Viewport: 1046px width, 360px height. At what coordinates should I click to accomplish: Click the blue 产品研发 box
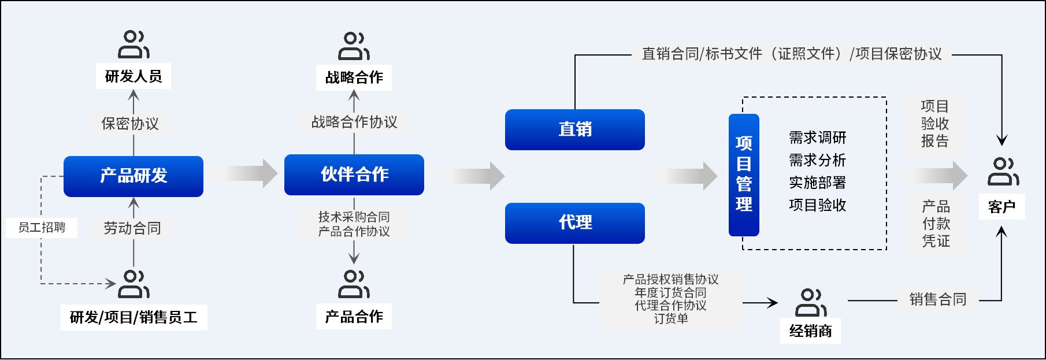pos(133,176)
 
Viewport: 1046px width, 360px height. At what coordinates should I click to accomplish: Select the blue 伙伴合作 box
pos(354,175)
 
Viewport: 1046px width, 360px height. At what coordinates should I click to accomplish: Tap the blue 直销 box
pos(575,129)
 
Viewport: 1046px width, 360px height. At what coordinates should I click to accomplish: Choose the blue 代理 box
pos(575,223)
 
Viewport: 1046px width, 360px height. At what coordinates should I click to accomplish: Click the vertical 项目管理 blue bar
pos(744,175)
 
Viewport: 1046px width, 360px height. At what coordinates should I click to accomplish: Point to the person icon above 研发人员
pos(133,44)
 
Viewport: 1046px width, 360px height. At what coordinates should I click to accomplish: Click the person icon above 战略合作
pos(354,46)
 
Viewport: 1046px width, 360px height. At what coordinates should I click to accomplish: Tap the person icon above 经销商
pos(810,303)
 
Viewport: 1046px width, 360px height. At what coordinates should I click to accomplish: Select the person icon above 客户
pos(1003,171)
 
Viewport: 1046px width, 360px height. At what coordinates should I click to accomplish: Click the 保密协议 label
pos(130,124)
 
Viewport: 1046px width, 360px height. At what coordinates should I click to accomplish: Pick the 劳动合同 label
pos(132,228)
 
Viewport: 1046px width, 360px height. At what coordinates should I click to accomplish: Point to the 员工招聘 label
pos(42,227)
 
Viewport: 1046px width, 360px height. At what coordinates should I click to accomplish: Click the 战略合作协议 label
pos(354,122)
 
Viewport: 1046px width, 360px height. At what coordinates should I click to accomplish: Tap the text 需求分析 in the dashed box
pos(817,160)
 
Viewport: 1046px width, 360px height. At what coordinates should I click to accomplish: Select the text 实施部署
pos(817,183)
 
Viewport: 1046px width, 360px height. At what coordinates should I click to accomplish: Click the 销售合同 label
pos(937,299)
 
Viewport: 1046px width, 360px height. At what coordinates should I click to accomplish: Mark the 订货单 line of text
pos(670,318)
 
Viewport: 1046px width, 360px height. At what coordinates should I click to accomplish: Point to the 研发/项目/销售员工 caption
pos(133,317)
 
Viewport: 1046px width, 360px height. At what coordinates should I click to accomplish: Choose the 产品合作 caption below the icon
pos(354,317)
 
